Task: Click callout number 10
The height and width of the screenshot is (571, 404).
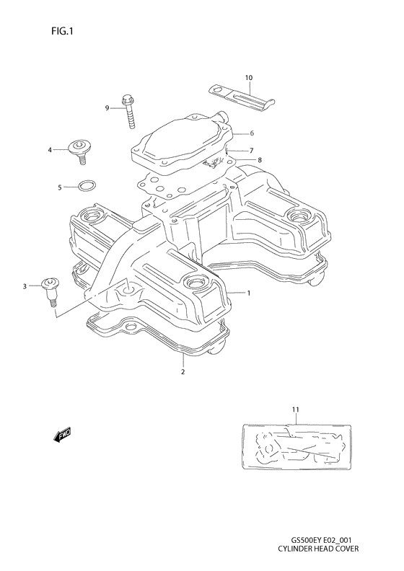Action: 248,77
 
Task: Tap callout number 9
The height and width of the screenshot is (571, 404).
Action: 106,108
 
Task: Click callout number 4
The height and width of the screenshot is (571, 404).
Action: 50,150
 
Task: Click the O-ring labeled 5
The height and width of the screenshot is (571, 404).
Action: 84,187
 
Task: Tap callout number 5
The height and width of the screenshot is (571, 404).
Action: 60,187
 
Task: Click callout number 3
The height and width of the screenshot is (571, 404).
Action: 25,287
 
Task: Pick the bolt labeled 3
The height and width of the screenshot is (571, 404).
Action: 50,289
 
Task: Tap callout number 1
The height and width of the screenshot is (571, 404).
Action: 248,293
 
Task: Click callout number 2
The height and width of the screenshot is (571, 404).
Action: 183,372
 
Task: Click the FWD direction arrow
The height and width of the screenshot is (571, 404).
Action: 61,435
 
